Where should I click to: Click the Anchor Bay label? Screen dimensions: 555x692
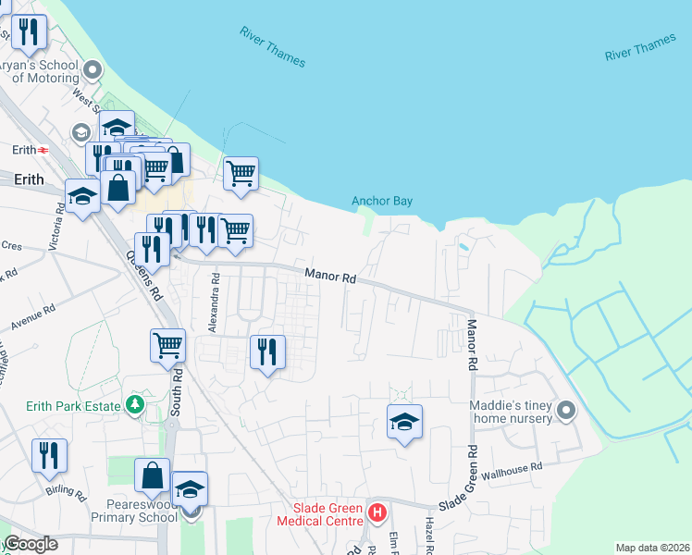(x=381, y=201)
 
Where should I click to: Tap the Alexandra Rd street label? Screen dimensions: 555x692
(x=213, y=302)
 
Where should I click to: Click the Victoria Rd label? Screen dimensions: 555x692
(x=60, y=221)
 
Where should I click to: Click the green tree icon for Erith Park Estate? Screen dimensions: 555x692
(x=135, y=405)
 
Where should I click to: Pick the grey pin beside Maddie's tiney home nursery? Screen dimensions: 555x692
(x=567, y=409)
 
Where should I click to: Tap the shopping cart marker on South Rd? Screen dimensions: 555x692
(x=167, y=345)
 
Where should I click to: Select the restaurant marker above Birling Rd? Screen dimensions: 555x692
(x=49, y=454)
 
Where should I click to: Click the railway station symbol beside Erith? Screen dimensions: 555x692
(x=43, y=150)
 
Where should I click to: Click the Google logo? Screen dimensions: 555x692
(x=31, y=544)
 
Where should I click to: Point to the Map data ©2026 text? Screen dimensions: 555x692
(x=652, y=548)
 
